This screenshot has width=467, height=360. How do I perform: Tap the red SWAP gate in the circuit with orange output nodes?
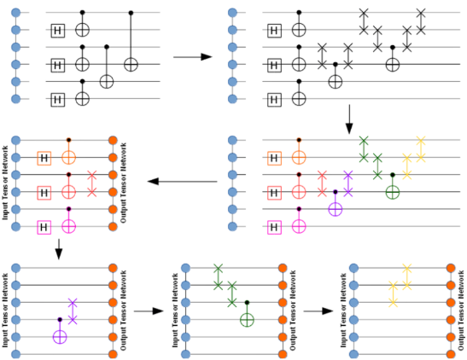click(92, 183)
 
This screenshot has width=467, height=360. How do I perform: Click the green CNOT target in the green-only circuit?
click(248, 321)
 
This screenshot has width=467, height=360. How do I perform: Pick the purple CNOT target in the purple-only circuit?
click(59, 337)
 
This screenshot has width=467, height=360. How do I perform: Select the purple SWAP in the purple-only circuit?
click(73, 311)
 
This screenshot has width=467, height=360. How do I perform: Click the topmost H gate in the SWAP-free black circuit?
click(58, 31)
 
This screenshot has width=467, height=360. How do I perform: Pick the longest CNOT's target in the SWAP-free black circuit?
click(131, 64)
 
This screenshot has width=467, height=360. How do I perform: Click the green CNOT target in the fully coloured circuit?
click(392, 192)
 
